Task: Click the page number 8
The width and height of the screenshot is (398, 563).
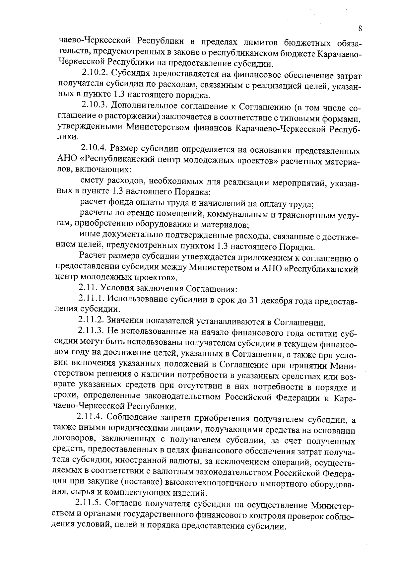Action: pyautogui.click(x=360, y=29)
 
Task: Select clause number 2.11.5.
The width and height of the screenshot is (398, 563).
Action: pyautogui.click(x=88, y=503)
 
